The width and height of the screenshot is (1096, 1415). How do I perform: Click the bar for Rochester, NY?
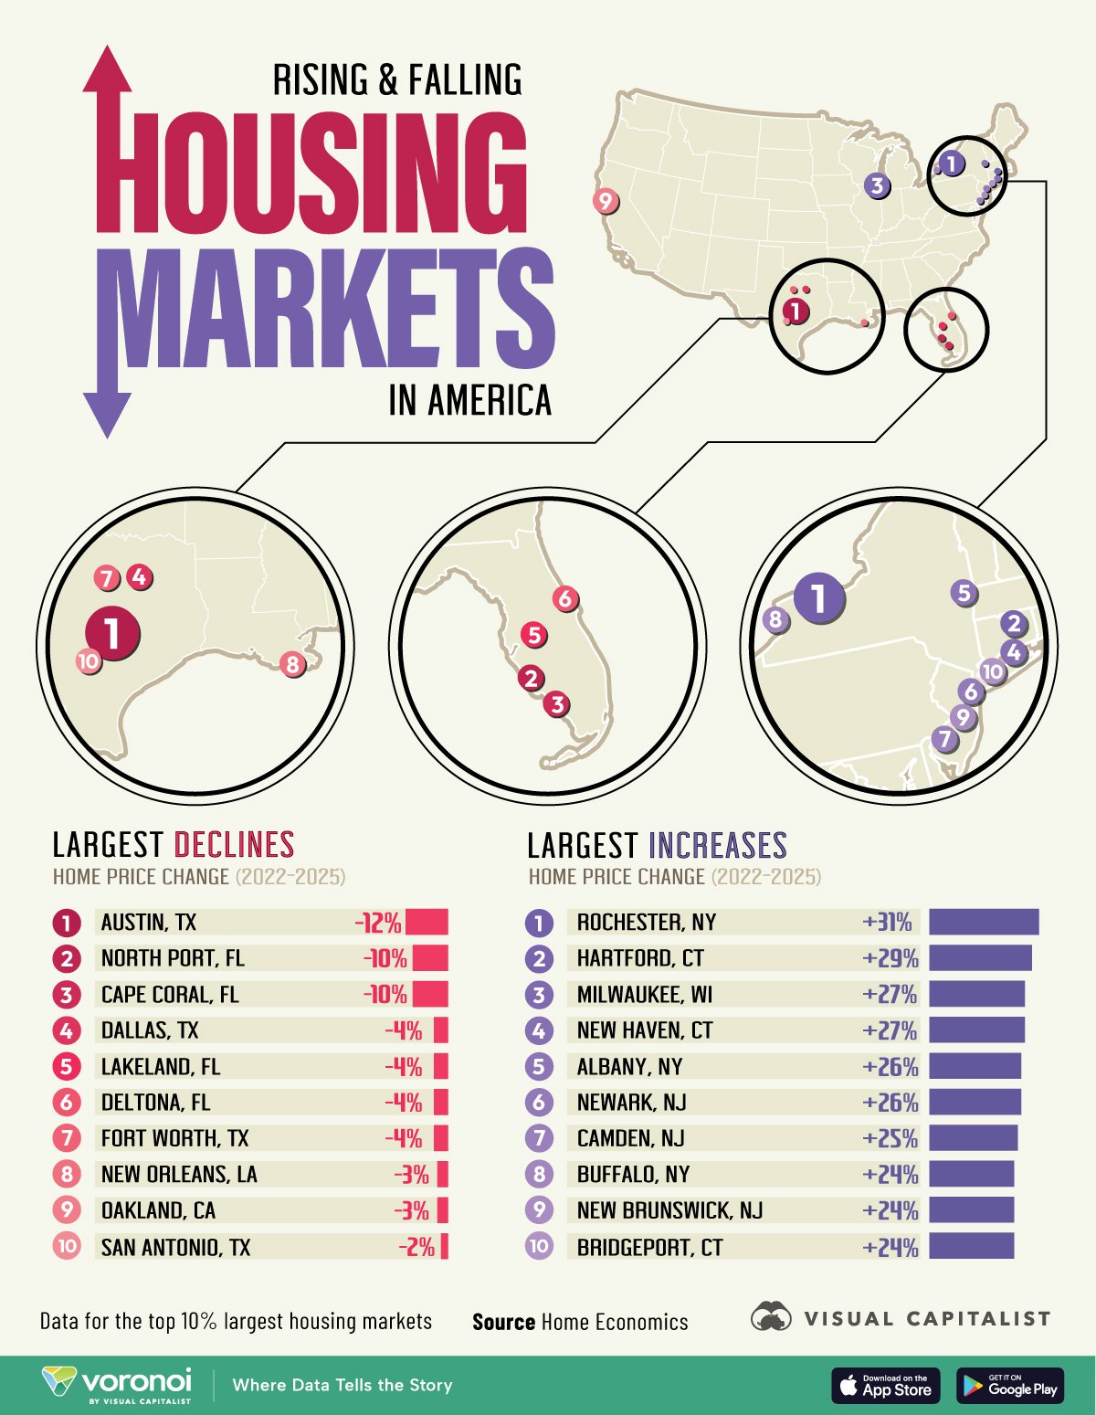click(x=984, y=922)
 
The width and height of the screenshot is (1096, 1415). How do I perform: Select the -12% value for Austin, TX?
click(x=378, y=923)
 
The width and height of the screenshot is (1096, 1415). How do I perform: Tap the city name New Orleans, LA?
click(x=179, y=1174)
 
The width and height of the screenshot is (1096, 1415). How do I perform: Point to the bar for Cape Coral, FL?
click(x=429, y=994)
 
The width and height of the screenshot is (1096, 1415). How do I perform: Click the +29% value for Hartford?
click(x=890, y=958)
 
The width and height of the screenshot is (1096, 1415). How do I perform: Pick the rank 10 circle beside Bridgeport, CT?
click(x=539, y=1246)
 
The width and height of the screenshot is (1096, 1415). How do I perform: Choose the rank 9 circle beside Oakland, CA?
click(x=67, y=1210)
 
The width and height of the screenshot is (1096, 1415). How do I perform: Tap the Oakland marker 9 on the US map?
click(x=605, y=201)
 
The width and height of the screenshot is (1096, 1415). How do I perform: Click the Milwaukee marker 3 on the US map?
click(x=877, y=185)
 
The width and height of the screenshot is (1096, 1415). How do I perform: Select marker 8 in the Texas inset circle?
click(x=292, y=664)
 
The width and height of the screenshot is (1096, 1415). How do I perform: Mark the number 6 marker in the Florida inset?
click(x=565, y=599)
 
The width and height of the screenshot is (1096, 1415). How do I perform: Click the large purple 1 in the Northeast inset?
click(x=819, y=598)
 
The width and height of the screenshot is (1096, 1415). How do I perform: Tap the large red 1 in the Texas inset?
click(x=112, y=632)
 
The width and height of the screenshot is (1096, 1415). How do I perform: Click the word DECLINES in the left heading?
click(x=234, y=844)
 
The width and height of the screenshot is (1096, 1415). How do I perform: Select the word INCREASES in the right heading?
click(x=718, y=845)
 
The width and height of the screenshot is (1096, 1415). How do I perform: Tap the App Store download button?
click(x=885, y=1385)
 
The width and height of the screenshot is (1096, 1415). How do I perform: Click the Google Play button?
click(x=1009, y=1385)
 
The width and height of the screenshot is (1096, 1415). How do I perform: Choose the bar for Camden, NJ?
click(x=973, y=1138)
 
